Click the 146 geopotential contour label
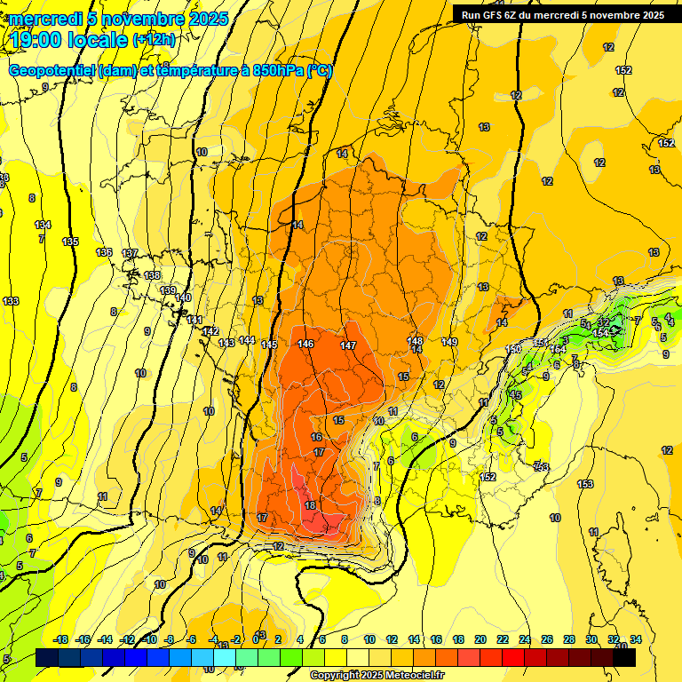coord(306,344)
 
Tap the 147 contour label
coord(348,345)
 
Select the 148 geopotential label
coord(415,341)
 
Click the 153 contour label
coord(585,484)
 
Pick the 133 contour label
coord(11,301)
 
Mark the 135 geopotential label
coord(70,242)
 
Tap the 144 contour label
coord(247,340)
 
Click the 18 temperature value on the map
coord(310,505)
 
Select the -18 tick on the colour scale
coord(61,639)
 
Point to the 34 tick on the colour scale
coord(636,639)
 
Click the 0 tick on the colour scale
coord(256,639)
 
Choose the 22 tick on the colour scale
coord(503,639)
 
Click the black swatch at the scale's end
coord(624,658)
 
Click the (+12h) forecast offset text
coord(155,40)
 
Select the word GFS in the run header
coord(493,15)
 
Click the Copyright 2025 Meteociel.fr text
coord(377,676)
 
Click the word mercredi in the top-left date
coord(45,19)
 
